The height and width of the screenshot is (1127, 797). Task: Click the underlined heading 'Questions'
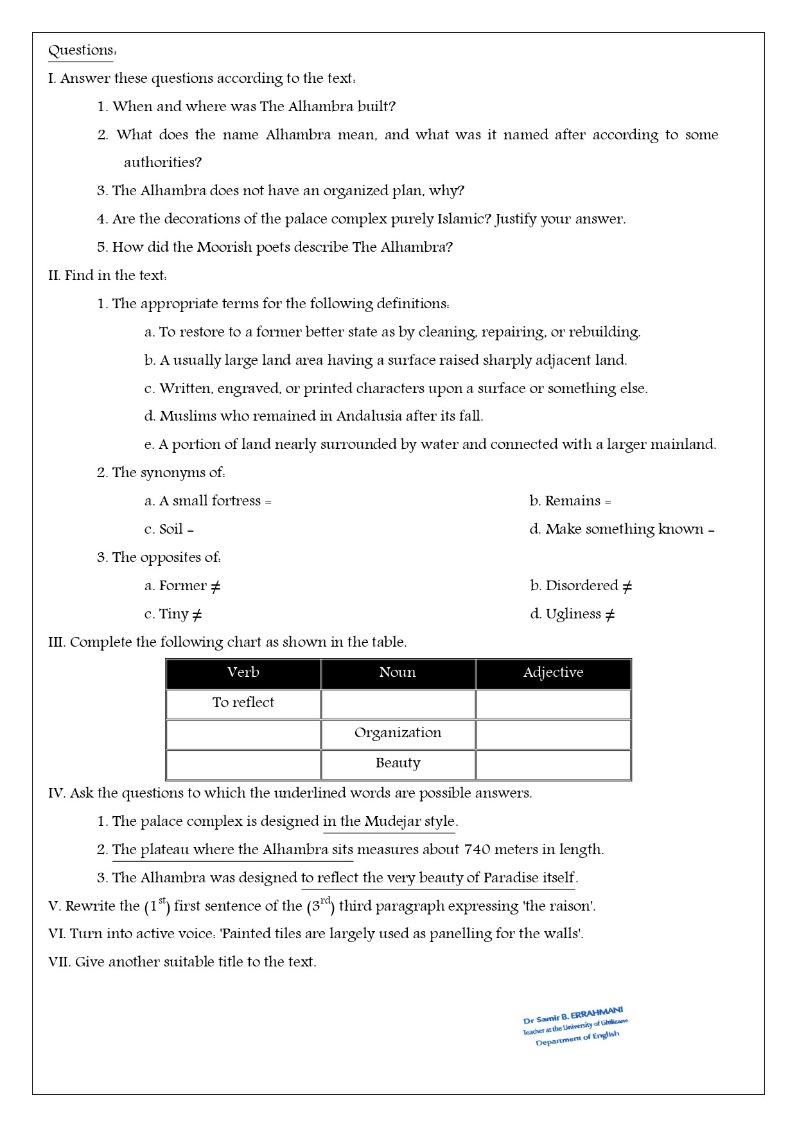tap(81, 50)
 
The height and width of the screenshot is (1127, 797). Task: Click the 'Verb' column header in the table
tap(243, 672)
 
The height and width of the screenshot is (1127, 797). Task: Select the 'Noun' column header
tap(398, 672)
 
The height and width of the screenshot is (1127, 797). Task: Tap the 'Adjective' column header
tap(553, 672)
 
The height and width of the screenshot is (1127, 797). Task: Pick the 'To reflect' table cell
tap(243, 703)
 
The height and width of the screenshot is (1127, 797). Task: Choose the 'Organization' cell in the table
tap(398, 733)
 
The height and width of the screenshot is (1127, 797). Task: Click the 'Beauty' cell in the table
tap(398, 763)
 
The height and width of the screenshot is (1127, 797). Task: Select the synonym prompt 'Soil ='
tap(169, 529)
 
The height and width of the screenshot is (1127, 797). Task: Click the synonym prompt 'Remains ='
tap(570, 501)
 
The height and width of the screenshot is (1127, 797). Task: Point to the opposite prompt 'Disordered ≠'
tap(581, 586)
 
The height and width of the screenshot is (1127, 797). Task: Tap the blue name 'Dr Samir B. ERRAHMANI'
tap(573, 1015)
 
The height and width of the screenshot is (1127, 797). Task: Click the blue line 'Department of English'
tap(577, 1038)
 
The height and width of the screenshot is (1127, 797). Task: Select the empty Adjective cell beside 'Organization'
tap(553, 734)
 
